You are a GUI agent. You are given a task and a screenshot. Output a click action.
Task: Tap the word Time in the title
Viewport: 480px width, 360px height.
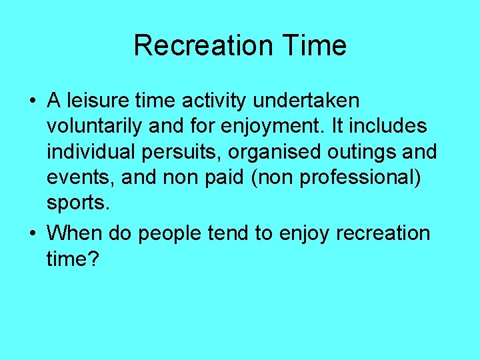point(313,45)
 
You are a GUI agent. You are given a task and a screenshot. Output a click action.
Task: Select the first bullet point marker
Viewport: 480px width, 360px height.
point(32,101)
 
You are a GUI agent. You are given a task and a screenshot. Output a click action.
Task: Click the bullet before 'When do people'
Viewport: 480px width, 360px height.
point(32,233)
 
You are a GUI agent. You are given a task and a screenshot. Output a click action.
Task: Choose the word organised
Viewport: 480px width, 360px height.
point(275,151)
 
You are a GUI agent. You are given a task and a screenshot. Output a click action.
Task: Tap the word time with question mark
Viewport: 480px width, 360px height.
point(72,258)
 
